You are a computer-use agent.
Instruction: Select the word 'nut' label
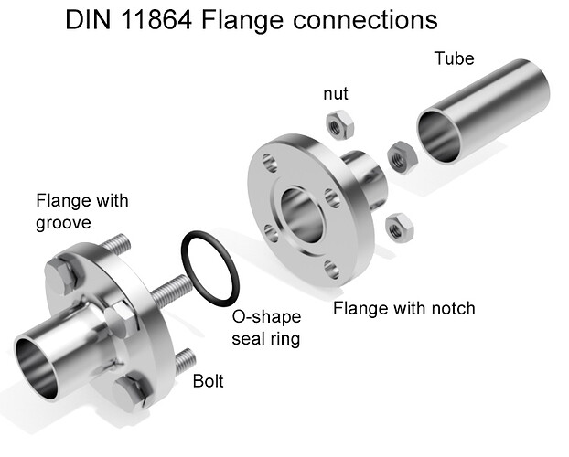(x=337, y=94)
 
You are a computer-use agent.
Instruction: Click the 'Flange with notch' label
(x=403, y=308)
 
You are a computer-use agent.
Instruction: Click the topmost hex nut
(x=339, y=122)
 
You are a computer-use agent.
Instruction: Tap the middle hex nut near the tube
(x=400, y=157)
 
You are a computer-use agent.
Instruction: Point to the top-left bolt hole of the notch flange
(x=269, y=165)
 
